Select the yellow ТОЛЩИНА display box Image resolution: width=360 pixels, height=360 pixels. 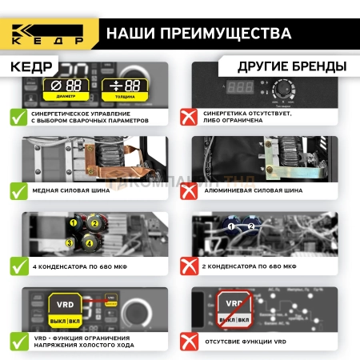coord(126,89)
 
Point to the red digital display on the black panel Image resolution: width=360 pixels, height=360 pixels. coord(241,86)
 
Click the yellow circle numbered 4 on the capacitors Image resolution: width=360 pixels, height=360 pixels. coord(89,242)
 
